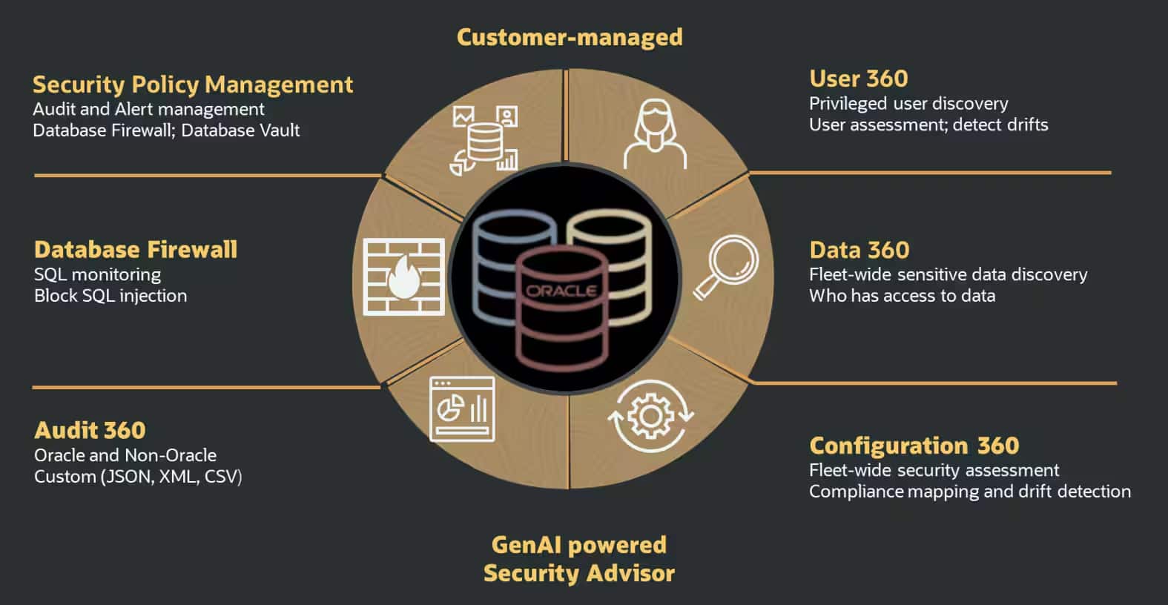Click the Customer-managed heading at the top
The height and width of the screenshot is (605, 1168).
[x=570, y=37]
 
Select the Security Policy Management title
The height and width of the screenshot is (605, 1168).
[x=193, y=85]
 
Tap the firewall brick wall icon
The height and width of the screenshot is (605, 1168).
[x=404, y=277]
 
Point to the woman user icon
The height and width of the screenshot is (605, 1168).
[x=655, y=134]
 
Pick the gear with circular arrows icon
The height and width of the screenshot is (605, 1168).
[x=650, y=416]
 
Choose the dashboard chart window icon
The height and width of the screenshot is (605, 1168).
[x=462, y=409]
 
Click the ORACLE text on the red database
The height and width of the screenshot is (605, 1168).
[x=561, y=291]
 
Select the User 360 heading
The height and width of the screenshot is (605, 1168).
[x=858, y=79]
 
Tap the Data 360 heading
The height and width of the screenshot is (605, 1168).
[x=859, y=250]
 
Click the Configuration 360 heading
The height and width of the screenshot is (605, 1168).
[x=914, y=446]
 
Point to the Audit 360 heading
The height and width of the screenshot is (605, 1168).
[x=90, y=430]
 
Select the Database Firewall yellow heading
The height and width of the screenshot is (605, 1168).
[x=136, y=249]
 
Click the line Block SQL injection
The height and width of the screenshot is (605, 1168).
[x=110, y=296]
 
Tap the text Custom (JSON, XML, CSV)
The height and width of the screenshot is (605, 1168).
[x=138, y=477]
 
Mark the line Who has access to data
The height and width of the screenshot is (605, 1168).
[x=902, y=296]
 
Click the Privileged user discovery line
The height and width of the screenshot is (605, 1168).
[x=908, y=104]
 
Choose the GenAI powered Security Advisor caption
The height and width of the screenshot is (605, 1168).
[x=579, y=559]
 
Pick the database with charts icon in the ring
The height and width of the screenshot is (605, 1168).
[x=485, y=139]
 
